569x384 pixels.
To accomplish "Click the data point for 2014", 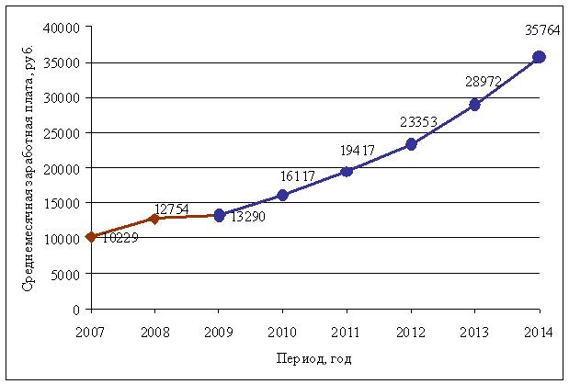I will pos(540,57).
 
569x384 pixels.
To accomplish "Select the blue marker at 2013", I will pos(475,105).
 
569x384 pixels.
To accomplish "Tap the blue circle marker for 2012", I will pos(411,144).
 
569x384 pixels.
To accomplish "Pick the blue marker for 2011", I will pos(347,171).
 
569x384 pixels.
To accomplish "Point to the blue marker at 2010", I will pos(282,195).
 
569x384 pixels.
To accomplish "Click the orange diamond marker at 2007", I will pos(90,237).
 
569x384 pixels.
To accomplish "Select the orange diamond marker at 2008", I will pos(154,219).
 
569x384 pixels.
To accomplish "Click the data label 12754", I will pos(172,209).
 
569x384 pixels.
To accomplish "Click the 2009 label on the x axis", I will pos(219,331).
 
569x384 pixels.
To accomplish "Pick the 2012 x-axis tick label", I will pos(411,331).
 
